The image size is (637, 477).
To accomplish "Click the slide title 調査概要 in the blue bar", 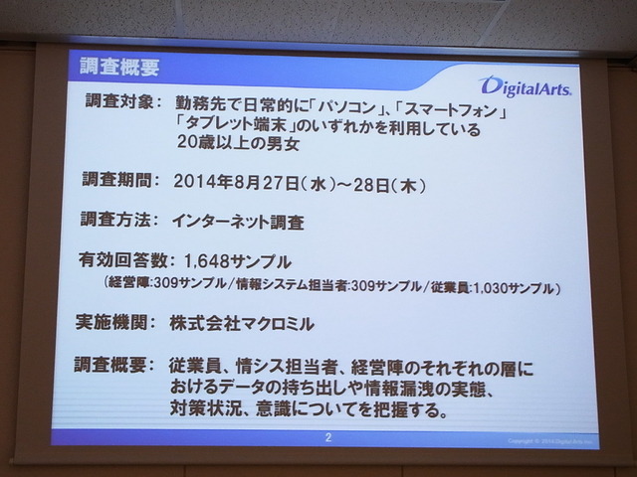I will coord(119,68).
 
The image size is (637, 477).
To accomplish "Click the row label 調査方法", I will coord(117,221).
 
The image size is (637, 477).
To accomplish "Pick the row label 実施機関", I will coord(118,323).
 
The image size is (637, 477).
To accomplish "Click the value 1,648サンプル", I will coord(238,262).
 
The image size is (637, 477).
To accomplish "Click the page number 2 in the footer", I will coord(328,436).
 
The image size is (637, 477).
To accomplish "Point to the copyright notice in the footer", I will coord(537,438).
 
